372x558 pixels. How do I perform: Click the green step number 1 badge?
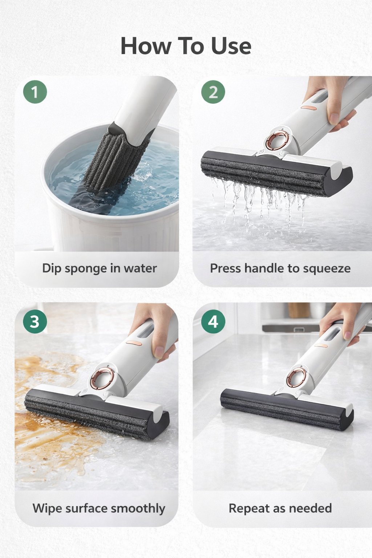35,92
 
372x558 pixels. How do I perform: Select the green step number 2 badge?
213,92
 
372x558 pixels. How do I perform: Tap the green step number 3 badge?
35,322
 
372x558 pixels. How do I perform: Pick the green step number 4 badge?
213,322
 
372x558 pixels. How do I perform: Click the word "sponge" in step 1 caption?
85,269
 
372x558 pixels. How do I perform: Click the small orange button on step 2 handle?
309,108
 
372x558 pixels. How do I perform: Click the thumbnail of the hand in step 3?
159,352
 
